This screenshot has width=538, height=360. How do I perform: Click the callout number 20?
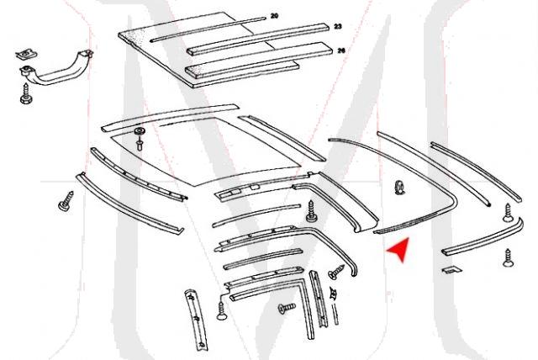point(274,16)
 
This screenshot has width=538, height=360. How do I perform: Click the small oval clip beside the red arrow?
point(398,187)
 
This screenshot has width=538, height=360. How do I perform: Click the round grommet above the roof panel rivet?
point(139,134)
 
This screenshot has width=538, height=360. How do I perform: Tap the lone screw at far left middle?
point(66,204)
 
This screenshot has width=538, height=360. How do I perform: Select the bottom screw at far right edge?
point(509,258)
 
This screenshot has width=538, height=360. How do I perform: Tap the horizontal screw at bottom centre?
point(285,310)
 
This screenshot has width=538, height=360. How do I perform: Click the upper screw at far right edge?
point(507,212)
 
